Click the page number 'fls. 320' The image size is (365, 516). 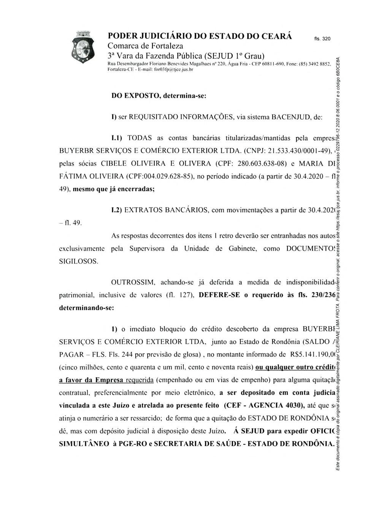coord(322,39)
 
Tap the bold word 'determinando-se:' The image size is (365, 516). coord(87,308)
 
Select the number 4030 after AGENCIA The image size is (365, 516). coord(291,405)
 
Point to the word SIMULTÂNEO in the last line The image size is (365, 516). coord(81,444)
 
